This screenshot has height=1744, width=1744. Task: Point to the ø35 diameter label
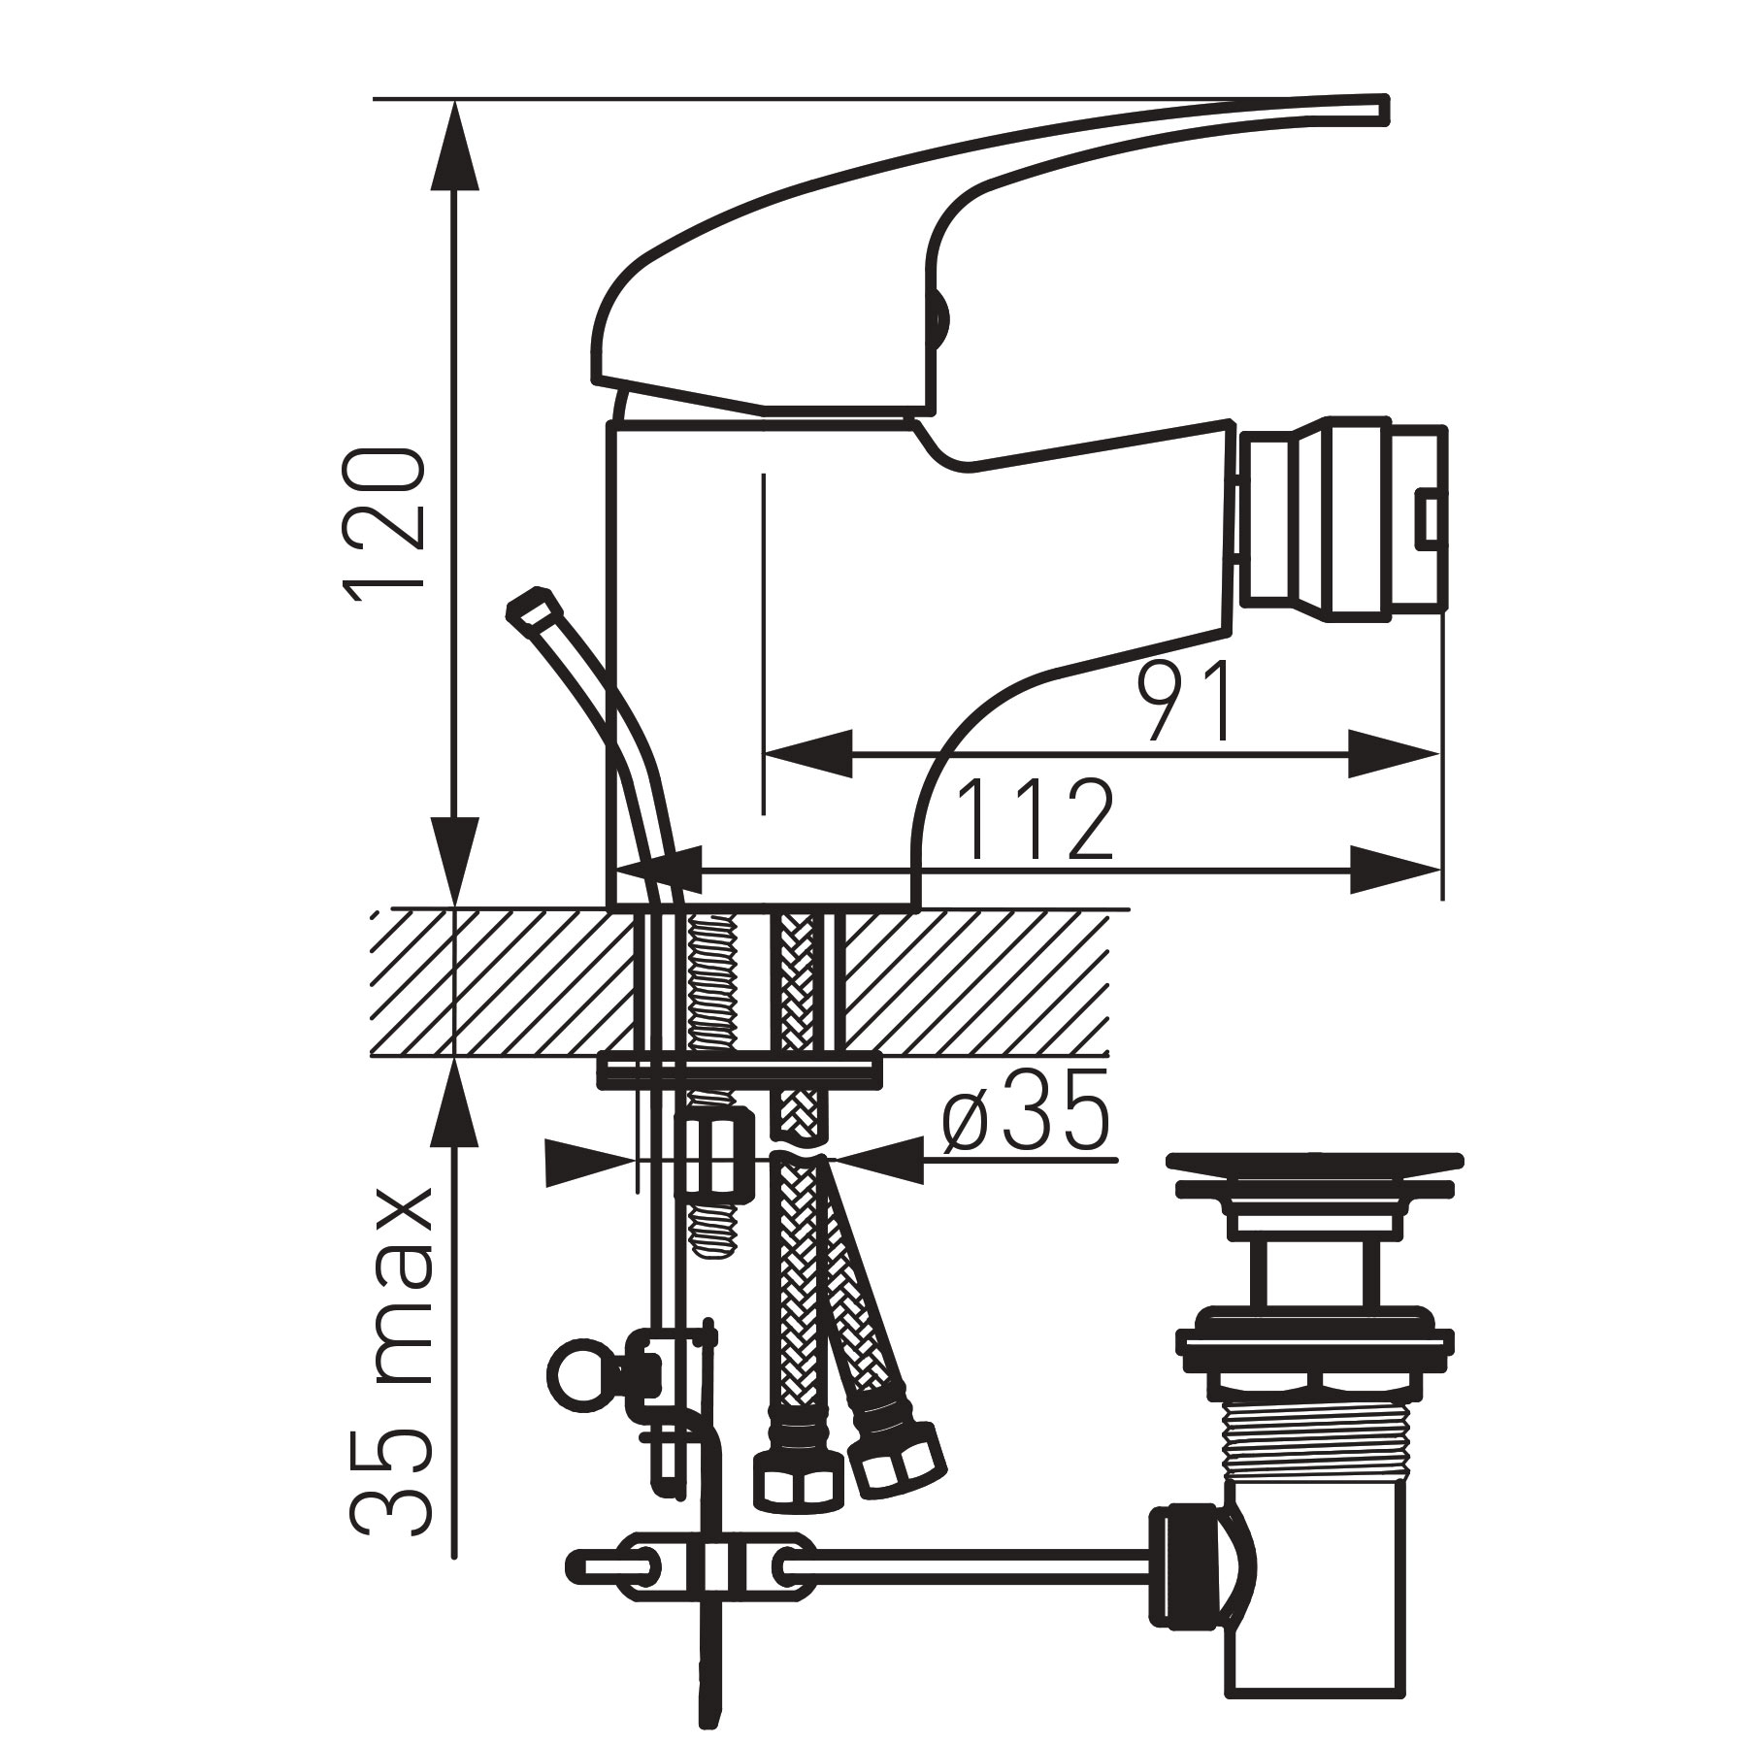(1025, 1120)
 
